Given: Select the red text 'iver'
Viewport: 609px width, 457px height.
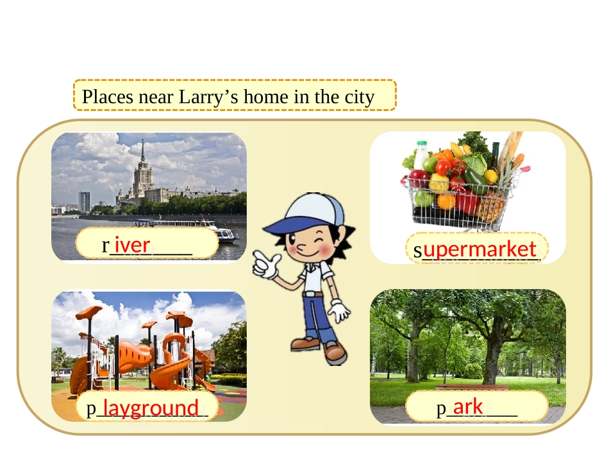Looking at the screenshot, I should pyautogui.click(x=133, y=244).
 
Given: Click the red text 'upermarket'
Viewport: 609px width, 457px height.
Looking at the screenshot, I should pyautogui.click(x=480, y=249).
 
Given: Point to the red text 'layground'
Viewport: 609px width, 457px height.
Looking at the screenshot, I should pyautogui.click(x=151, y=408).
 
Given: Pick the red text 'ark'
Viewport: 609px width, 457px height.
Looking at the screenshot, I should pyautogui.click(x=468, y=406).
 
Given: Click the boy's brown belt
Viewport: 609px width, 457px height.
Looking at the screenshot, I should pyautogui.click(x=313, y=294).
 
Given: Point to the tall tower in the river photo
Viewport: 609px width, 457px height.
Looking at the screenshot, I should pyautogui.click(x=142, y=173).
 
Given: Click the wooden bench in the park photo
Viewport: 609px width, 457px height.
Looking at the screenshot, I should pyautogui.click(x=472, y=387).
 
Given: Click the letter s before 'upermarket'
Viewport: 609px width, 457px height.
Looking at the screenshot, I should pyautogui.click(x=417, y=252).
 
